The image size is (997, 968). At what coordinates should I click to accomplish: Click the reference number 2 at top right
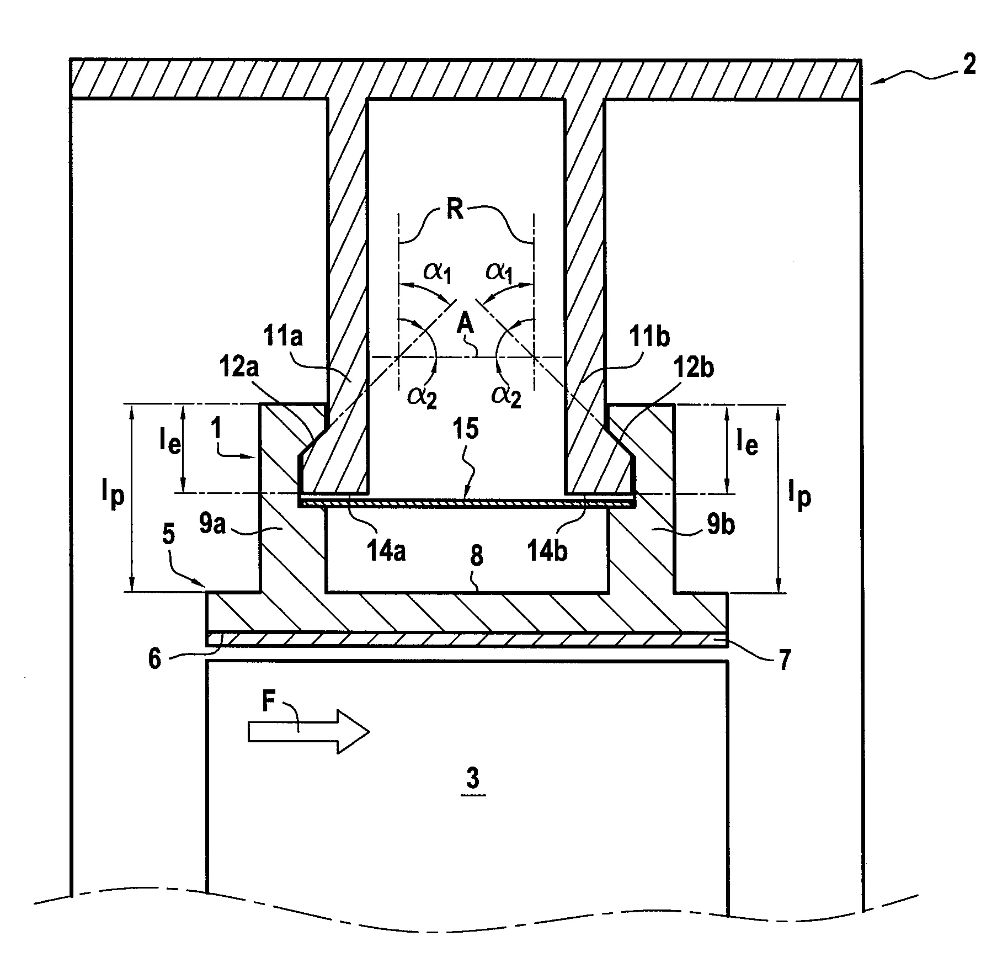(x=968, y=65)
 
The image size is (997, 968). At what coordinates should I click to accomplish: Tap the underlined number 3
(x=472, y=779)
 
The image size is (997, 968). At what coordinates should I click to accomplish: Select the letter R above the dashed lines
(x=455, y=210)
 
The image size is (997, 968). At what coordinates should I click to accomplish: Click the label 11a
(x=284, y=336)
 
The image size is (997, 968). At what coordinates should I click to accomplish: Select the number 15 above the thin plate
(x=466, y=430)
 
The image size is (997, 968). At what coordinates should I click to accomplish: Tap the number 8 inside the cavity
(x=477, y=556)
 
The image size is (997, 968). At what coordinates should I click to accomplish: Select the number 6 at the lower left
(x=155, y=659)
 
